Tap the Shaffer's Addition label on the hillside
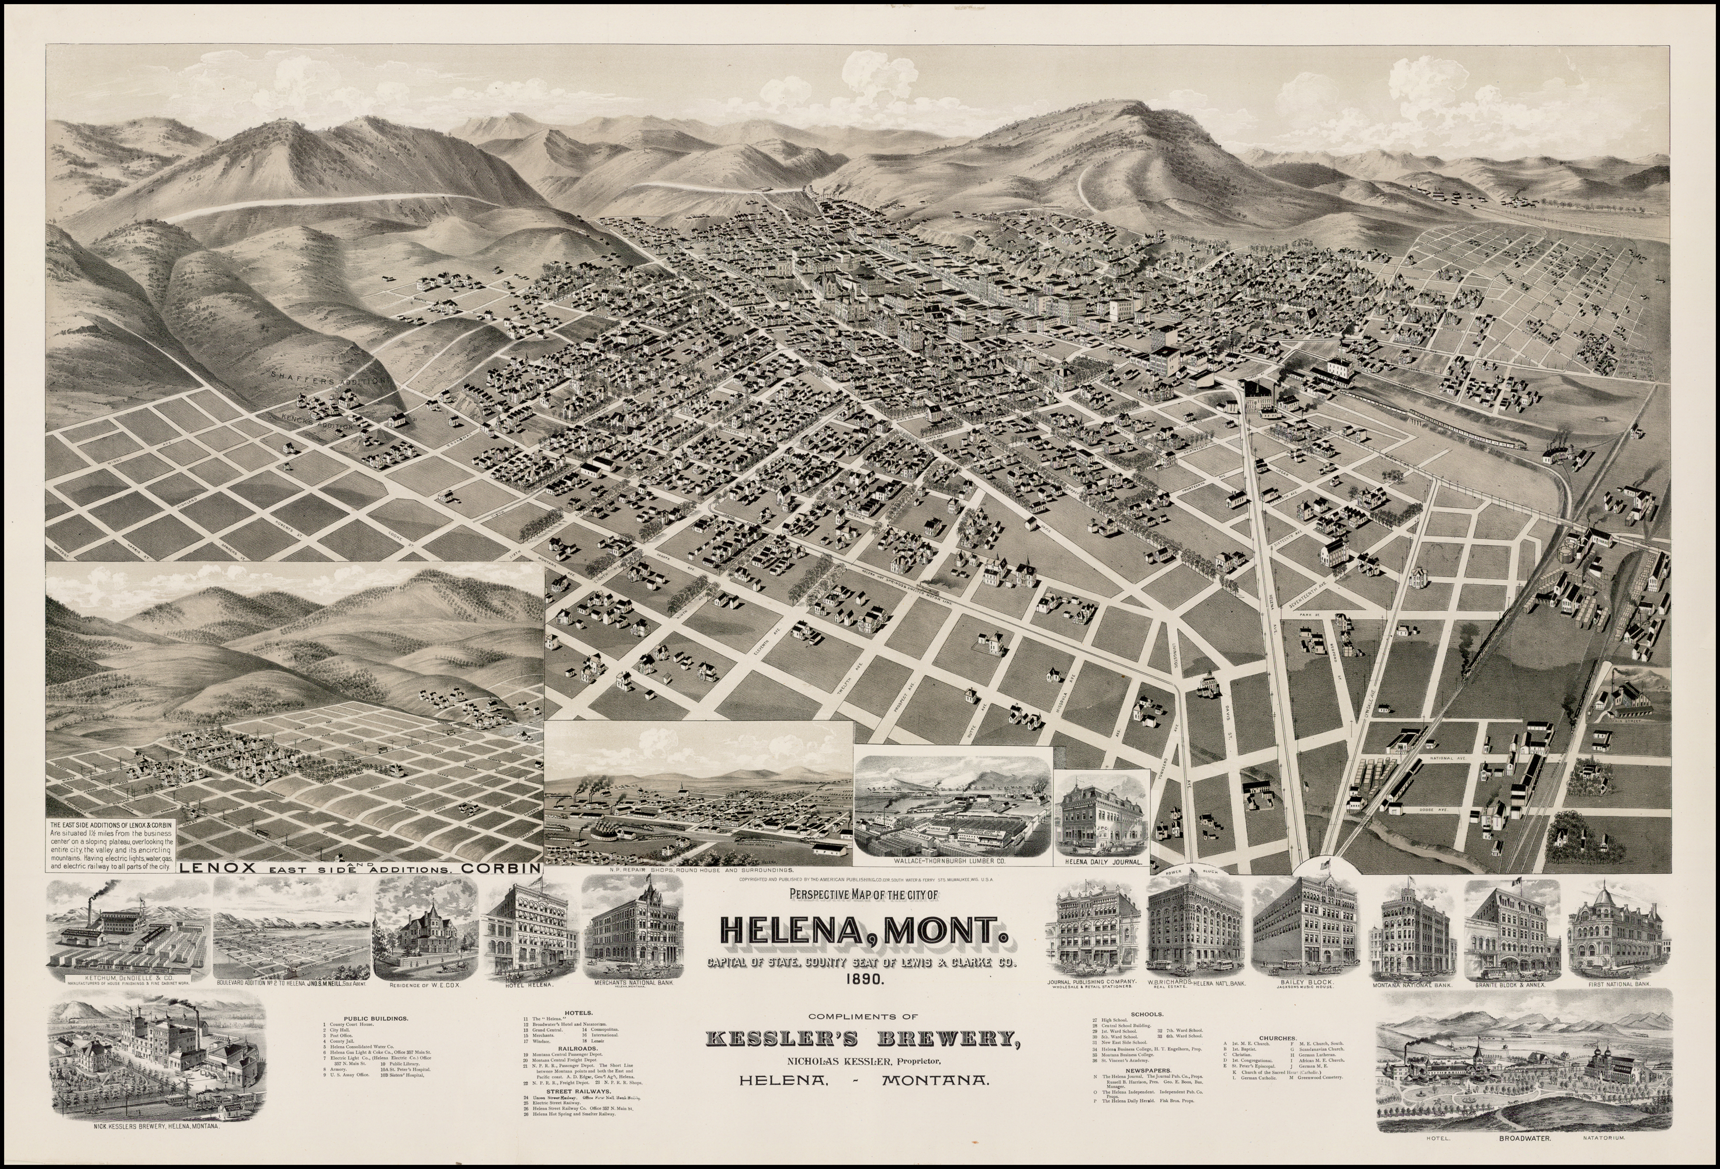[x=330, y=379]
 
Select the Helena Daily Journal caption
[x=1101, y=863]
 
